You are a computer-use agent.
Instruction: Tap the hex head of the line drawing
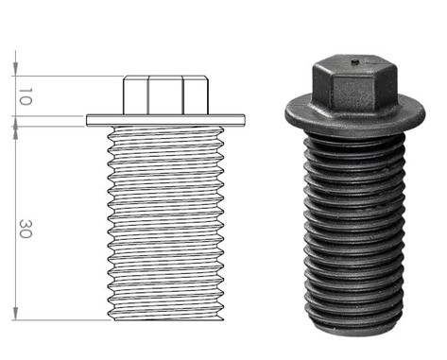[165, 95]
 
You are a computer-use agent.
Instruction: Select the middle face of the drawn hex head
[165, 95]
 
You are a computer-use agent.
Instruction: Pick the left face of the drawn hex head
[135, 95]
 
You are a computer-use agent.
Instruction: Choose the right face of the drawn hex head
[194, 95]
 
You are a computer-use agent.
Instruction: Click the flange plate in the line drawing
[165, 119]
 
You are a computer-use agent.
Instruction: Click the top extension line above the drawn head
[66, 76]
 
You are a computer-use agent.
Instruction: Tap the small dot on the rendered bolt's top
[353, 64]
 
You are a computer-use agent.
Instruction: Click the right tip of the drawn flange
[245, 119]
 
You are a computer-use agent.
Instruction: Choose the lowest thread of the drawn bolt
[165, 309]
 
